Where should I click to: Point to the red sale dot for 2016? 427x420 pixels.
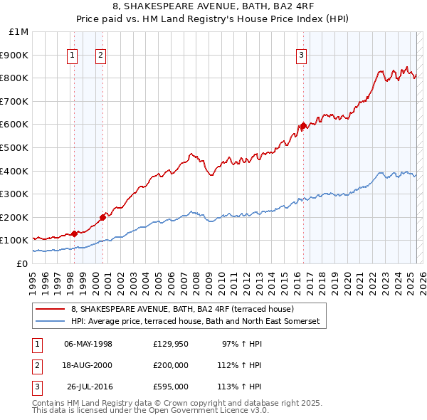point(303,126)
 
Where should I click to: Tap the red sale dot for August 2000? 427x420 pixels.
point(102,217)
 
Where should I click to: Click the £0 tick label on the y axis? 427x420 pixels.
point(22,264)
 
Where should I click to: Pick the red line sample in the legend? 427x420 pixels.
point(50,310)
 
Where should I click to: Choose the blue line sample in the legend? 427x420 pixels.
point(50,322)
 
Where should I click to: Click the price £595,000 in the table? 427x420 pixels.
point(171,387)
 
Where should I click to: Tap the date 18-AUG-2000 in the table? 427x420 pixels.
point(88,365)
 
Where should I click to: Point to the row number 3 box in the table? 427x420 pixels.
point(36,387)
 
